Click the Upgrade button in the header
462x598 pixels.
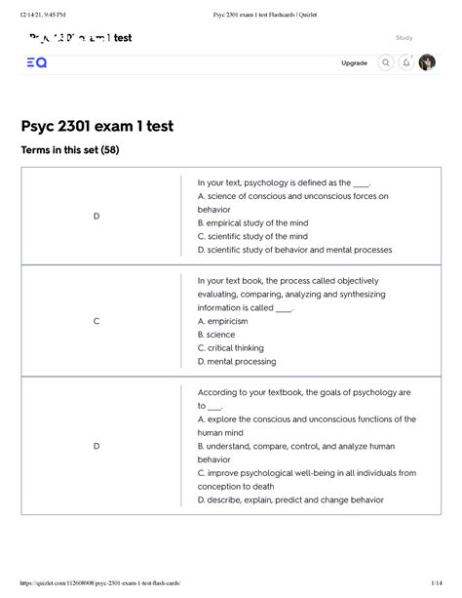[354, 63]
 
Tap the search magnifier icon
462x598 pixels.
[386, 63]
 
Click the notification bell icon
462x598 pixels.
[406, 63]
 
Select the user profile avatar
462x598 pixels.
[427, 63]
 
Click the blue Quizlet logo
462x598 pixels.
[36, 63]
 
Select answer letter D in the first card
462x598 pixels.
[96, 216]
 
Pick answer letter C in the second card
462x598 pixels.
[96, 320]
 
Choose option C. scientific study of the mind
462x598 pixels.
[251, 236]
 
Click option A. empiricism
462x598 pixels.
[222, 320]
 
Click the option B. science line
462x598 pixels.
[215, 334]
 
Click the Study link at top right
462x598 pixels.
[404, 38]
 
